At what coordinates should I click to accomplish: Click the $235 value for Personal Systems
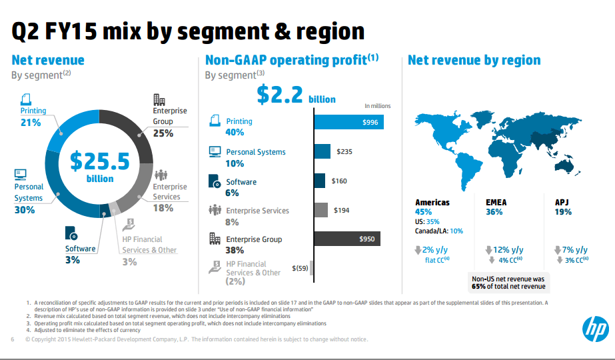[344, 152]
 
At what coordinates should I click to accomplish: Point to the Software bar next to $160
[319, 181]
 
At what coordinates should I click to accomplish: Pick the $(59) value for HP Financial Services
[301, 269]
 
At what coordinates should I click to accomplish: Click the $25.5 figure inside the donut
[99, 162]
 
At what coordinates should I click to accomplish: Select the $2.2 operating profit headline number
[280, 95]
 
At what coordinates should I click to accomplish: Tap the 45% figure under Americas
[424, 212]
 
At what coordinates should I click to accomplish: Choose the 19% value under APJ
[563, 212]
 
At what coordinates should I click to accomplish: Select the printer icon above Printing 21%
[26, 99]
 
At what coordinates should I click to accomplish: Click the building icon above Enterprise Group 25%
[159, 99]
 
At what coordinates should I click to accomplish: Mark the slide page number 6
[13, 339]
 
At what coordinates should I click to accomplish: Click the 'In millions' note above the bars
[377, 105]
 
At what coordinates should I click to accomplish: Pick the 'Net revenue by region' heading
[474, 61]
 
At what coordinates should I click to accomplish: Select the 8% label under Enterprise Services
[232, 222]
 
